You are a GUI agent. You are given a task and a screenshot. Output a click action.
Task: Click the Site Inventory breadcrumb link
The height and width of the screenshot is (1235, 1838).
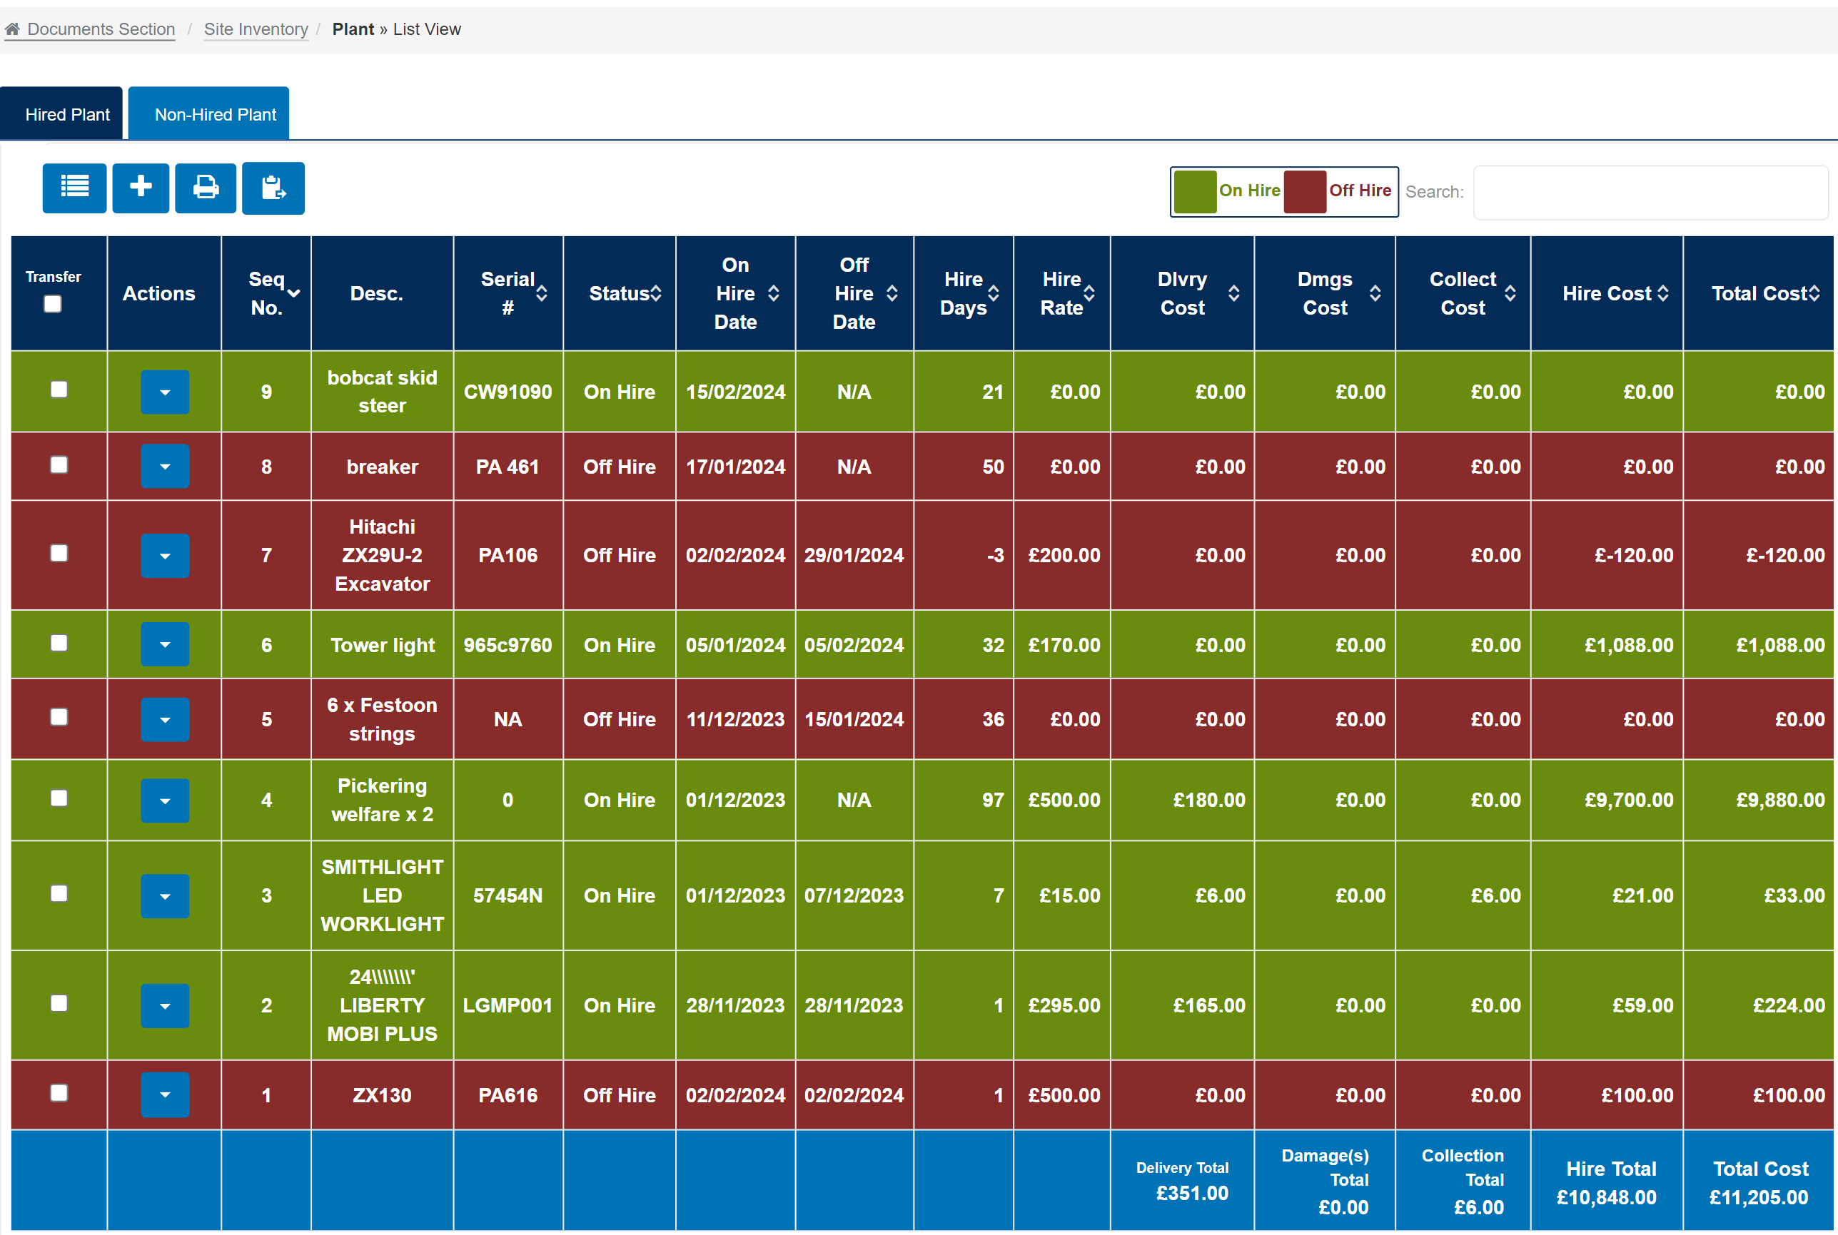tap(256, 29)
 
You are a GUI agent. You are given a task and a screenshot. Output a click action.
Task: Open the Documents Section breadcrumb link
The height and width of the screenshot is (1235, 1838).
tap(100, 29)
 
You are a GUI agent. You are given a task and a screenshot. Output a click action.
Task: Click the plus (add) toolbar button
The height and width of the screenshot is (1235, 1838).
tap(140, 188)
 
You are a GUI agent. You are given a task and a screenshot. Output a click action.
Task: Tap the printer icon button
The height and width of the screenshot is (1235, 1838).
tap(205, 188)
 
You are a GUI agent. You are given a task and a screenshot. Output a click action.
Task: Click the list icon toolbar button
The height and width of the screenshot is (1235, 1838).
tap(74, 188)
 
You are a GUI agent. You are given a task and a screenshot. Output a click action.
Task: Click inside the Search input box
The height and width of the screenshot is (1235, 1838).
tap(1650, 192)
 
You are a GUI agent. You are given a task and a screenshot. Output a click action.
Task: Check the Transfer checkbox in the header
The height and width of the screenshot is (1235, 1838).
tap(53, 304)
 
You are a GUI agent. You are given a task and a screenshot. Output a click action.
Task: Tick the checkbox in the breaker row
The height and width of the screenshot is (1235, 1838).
tap(59, 465)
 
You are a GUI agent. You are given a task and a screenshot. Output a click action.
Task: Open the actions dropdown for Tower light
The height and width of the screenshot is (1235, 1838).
tap(165, 644)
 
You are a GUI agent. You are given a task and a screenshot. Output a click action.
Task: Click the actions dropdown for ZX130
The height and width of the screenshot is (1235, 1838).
tap(165, 1094)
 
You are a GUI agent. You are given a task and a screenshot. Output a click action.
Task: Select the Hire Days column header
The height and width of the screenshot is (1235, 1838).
tap(964, 293)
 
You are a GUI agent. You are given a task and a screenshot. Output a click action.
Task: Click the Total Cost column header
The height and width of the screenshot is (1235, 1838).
tap(1759, 293)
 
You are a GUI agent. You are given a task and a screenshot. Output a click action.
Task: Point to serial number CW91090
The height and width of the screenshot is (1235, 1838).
tap(508, 392)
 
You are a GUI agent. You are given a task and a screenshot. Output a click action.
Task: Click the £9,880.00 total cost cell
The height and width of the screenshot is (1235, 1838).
tap(1779, 800)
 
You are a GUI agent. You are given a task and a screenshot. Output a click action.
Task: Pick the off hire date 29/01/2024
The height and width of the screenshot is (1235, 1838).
tap(853, 555)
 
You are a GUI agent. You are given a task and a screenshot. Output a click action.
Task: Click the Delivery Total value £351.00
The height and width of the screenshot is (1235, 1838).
tap(1191, 1192)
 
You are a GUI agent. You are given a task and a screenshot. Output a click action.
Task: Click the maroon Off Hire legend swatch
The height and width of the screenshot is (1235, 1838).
tap(1305, 191)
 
